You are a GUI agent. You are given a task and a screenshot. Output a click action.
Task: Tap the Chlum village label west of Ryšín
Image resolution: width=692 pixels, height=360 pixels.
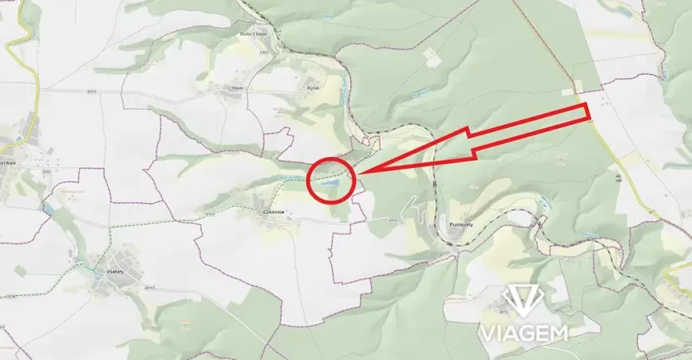coord(238,86)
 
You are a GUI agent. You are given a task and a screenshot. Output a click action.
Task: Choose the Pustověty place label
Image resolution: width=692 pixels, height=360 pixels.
coord(461,224)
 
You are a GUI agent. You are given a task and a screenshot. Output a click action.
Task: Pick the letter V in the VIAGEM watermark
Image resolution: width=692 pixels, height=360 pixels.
coord(485,333)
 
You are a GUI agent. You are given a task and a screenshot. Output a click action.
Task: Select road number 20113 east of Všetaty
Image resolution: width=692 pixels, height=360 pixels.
coord(149,288)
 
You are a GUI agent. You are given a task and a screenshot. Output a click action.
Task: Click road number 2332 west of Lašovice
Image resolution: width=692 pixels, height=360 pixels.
coord(210,214)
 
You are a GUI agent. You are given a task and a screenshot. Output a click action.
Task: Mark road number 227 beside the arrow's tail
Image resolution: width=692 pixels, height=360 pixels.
coord(591,122)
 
